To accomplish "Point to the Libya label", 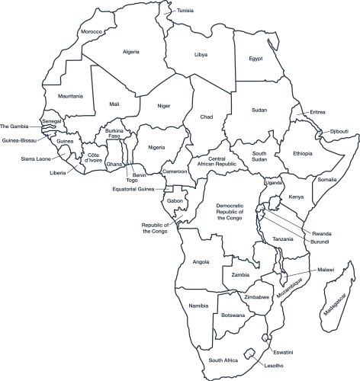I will (202, 56).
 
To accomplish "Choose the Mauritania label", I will (59, 96).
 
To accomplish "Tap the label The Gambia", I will (14, 126).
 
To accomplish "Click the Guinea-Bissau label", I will (21, 139).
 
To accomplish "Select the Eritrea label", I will (318, 112).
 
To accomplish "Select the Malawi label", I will (326, 269).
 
